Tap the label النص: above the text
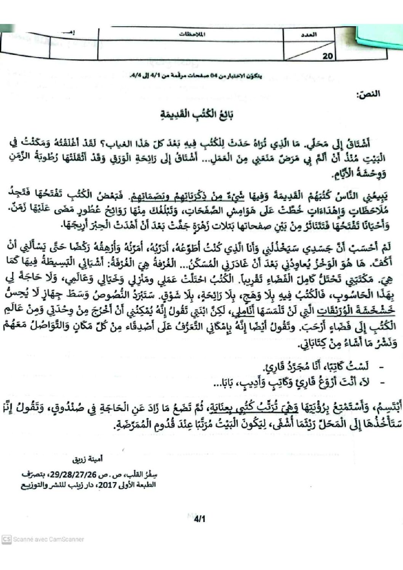pyautogui.click(x=368, y=94)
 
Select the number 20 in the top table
pyautogui.click(x=327, y=56)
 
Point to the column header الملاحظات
pyautogui.click(x=192, y=34)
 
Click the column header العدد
pyautogui.click(x=309, y=35)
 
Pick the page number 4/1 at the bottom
pyautogui.click(x=199, y=519)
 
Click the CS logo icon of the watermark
pyautogui.click(x=6, y=539)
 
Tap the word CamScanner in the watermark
pyautogui.click(x=67, y=539)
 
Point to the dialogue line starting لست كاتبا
pyautogui.click(x=316, y=367)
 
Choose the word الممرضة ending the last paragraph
pyautogui.click(x=134, y=424)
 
